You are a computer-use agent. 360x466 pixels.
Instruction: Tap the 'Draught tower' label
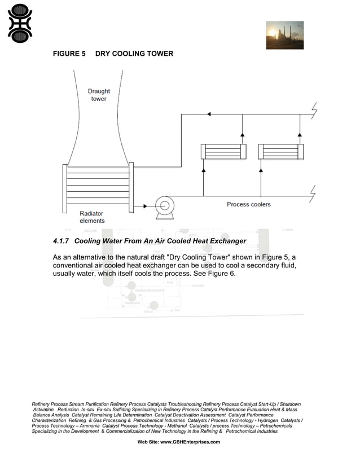[99, 95]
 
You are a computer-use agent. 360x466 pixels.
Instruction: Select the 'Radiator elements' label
[91, 217]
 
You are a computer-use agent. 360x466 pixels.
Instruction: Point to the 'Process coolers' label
[248, 204]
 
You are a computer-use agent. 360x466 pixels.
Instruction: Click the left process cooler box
[223, 152]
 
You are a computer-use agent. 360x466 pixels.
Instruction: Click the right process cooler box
[280, 152]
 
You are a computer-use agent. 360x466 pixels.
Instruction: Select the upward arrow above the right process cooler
[300, 135]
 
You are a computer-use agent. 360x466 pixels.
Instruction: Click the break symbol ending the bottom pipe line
[314, 195]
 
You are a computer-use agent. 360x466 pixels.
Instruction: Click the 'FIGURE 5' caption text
[69, 54]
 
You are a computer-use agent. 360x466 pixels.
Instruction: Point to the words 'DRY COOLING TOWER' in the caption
[134, 54]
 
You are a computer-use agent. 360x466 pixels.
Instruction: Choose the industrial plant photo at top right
[284, 35]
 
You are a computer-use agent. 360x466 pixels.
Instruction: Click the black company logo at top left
[20, 23]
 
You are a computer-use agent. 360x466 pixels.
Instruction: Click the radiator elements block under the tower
[98, 186]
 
